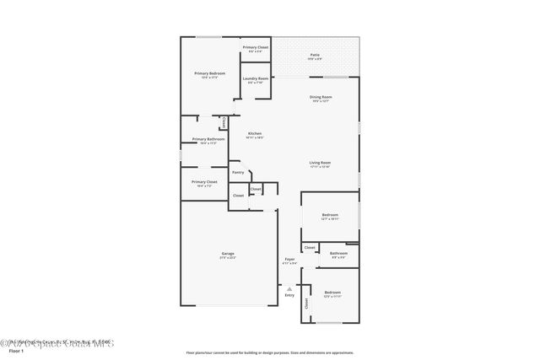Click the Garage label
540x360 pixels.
point(228,254)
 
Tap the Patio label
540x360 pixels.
point(315,55)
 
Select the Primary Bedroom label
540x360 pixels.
point(209,73)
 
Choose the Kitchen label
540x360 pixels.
point(255,133)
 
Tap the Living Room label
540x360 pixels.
point(320,163)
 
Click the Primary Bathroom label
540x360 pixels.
point(208,139)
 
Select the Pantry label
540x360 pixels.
point(238,172)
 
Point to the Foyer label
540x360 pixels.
point(289,259)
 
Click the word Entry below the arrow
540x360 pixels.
point(289,295)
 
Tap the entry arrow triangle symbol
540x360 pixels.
point(289,287)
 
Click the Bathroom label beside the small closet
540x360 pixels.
point(338,253)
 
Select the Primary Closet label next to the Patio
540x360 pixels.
point(256,47)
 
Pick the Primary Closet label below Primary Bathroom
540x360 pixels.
point(204,182)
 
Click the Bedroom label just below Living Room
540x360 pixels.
point(330,215)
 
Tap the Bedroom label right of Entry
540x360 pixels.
point(332,293)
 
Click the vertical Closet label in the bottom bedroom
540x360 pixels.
point(306,303)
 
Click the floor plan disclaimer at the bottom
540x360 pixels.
point(269,353)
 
